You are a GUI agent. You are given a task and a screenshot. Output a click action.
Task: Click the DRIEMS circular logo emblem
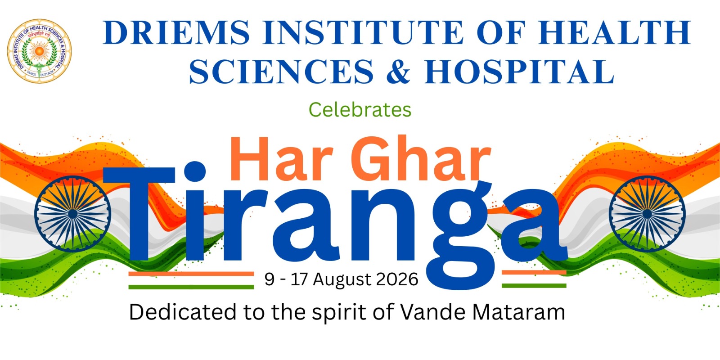pyautogui.click(x=39, y=51)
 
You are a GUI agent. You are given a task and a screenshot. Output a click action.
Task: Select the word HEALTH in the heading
pyautogui.click(x=614, y=32)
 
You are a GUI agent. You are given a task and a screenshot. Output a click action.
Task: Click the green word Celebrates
pyautogui.click(x=360, y=110)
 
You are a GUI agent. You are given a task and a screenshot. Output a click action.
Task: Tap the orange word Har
pyautogui.click(x=281, y=158)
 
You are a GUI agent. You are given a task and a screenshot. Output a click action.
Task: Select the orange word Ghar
pyautogui.click(x=421, y=158)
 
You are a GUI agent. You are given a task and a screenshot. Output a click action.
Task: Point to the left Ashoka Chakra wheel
pyautogui.click(x=72, y=214)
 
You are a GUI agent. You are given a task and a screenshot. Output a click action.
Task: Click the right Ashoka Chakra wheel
pyautogui.click(x=647, y=214)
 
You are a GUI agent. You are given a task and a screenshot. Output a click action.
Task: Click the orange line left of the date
pyautogui.click(x=191, y=274)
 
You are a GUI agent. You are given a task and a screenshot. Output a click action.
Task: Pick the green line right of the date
pyautogui.click(x=534, y=285)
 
